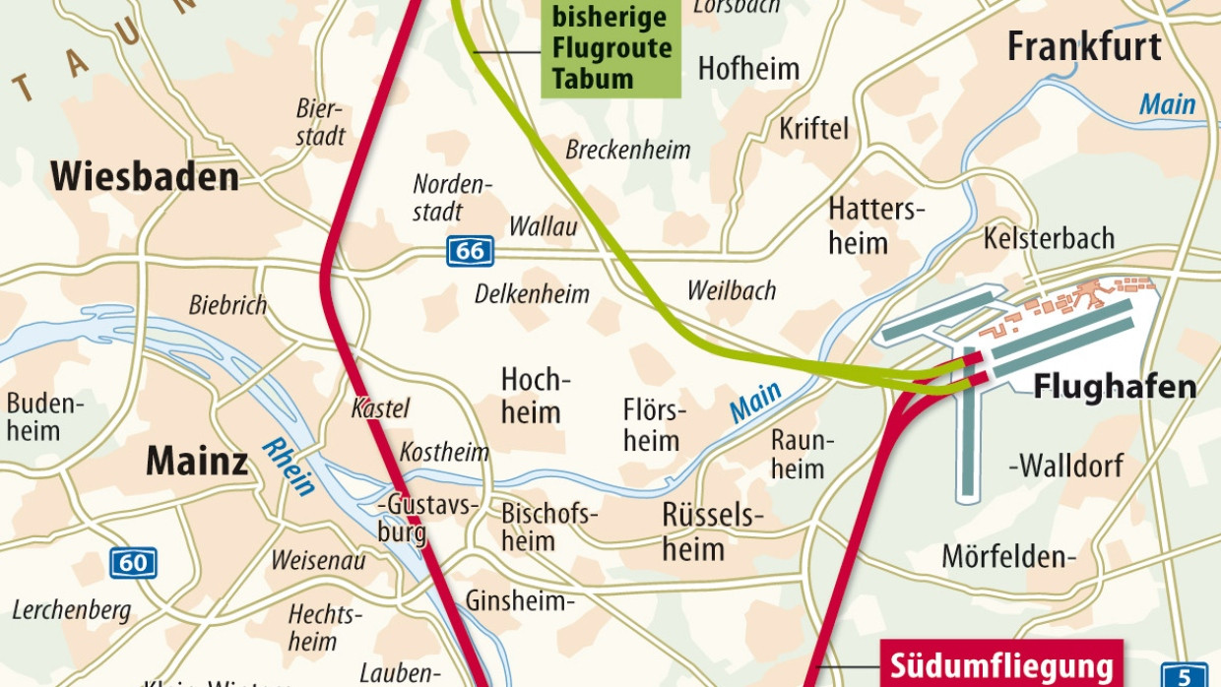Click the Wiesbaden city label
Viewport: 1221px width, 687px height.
pyautogui.click(x=145, y=177)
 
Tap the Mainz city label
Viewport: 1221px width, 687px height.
pyautogui.click(x=197, y=461)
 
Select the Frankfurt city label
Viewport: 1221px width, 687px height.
pyautogui.click(x=1084, y=46)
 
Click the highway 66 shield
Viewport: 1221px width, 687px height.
pyautogui.click(x=470, y=251)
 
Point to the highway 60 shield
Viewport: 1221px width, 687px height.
pyautogui.click(x=133, y=562)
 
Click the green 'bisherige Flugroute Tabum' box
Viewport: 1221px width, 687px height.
pyautogui.click(x=610, y=47)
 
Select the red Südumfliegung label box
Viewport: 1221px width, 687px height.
pyautogui.click(x=1000, y=662)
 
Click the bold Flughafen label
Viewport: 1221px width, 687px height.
pyautogui.click(x=1115, y=387)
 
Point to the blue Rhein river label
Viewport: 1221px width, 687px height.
pyautogui.click(x=289, y=468)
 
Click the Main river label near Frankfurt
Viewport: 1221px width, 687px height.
pyautogui.click(x=1167, y=104)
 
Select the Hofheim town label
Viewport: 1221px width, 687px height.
pyautogui.click(x=748, y=68)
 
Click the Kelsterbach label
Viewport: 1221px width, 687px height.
pyautogui.click(x=1049, y=238)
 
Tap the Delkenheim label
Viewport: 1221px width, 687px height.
pyautogui.click(x=532, y=293)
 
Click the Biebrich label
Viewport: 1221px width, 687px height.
pyautogui.click(x=227, y=305)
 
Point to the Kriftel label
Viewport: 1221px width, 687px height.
pyautogui.click(x=813, y=129)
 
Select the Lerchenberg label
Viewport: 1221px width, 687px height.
pyautogui.click(x=71, y=610)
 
